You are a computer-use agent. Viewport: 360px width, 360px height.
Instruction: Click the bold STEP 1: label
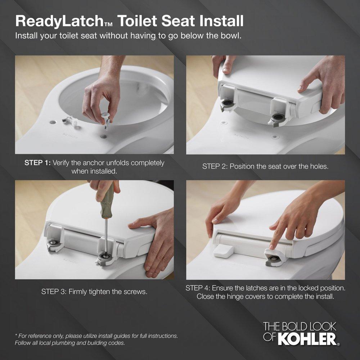tap(37, 163)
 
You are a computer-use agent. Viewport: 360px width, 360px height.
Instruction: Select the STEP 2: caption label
tap(215, 166)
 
